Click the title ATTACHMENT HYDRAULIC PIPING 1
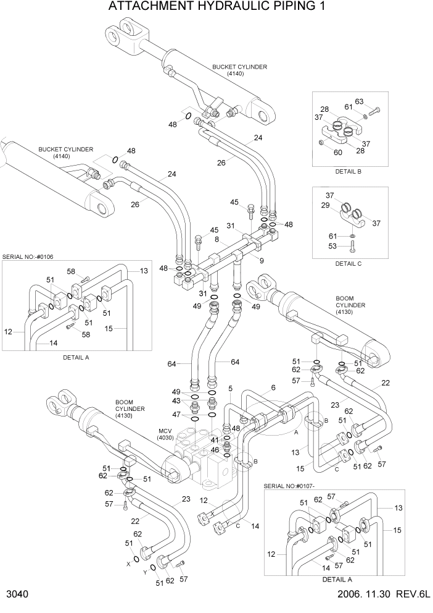(x=216, y=7)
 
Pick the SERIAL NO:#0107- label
(x=294, y=486)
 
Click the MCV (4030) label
(x=165, y=434)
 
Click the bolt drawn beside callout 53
(x=352, y=247)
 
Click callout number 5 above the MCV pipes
(x=229, y=389)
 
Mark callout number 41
(x=215, y=439)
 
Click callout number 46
(x=215, y=450)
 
